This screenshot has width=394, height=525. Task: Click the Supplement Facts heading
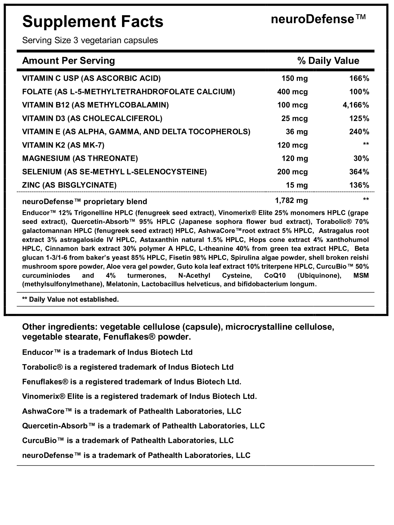[93, 22]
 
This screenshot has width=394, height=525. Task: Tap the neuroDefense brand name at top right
[318, 19]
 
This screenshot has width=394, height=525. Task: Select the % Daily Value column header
[328, 61]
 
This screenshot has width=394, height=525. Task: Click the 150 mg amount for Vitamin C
[295, 78]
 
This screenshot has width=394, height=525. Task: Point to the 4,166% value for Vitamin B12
[356, 105]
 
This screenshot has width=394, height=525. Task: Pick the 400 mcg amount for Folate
[293, 92]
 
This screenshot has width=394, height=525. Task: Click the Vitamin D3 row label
[92, 118]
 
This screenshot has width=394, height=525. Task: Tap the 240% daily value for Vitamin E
[359, 132]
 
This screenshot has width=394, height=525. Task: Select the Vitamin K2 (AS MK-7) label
[63, 145]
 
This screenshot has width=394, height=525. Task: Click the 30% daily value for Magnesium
[361, 159]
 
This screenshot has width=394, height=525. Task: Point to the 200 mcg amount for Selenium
[293, 172]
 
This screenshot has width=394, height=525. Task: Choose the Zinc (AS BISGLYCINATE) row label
[69, 185]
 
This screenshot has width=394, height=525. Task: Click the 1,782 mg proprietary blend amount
[291, 200]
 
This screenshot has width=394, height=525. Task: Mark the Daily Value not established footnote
[70, 299]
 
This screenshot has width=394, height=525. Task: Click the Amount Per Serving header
[68, 61]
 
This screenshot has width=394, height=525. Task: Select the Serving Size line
[90, 40]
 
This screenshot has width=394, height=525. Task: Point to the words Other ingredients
[59, 327]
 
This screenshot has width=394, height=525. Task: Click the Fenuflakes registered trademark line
[131, 382]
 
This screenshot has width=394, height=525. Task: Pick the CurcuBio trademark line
[128, 440]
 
